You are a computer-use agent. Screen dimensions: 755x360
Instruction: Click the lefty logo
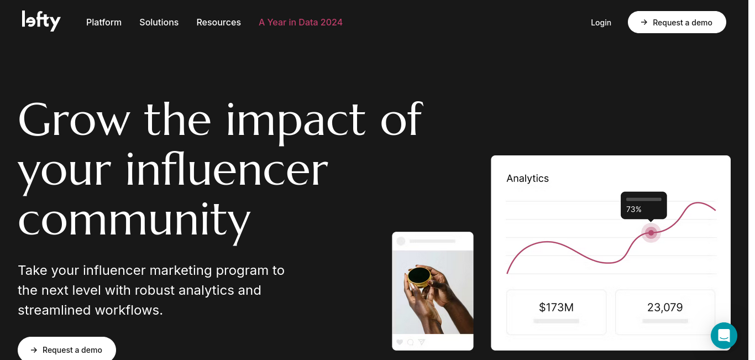tap(41, 21)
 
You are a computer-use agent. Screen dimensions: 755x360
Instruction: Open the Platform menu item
tap(104, 22)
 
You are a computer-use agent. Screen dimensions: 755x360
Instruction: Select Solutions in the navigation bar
tap(159, 22)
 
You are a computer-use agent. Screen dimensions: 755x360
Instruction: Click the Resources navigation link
tap(219, 22)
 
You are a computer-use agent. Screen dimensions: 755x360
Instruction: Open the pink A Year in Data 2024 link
tap(301, 22)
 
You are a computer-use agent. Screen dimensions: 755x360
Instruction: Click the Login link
tap(601, 23)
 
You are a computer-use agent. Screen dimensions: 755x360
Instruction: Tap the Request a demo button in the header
tap(677, 22)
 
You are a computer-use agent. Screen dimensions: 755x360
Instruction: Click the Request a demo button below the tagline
tap(67, 349)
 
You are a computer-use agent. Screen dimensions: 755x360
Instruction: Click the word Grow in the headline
tap(74, 119)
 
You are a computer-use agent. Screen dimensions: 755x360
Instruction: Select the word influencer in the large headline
tap(227, 170)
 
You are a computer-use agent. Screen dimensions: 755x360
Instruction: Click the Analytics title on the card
tap(527, 178)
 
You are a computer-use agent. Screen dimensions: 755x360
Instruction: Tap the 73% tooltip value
tap(633, 210)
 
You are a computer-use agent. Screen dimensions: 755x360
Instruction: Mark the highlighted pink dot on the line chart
tap(651, 233)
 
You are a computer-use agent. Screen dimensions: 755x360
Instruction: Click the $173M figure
tap(556, 307)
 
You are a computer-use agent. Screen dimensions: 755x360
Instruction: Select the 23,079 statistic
tap(665, 307)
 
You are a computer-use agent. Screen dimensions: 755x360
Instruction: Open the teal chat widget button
tap(724, 336)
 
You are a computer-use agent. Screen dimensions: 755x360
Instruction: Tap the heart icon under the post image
tap(400, 342)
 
